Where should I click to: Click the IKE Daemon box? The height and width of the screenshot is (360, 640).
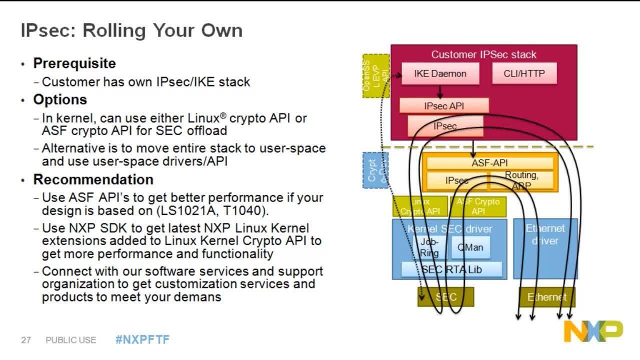tap(440, 73)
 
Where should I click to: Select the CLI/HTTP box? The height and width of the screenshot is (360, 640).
tap(524, 73)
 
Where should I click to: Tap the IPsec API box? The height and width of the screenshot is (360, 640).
tap(443, 106)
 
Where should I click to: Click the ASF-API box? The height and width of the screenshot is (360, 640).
tap(489, 162)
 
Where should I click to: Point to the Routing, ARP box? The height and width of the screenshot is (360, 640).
tap(521, 180)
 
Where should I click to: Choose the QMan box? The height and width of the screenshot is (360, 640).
tap(470, 247)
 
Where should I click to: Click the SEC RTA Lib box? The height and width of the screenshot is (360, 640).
tap(451, 269)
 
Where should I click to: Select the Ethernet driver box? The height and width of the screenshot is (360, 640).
tap(545, 248)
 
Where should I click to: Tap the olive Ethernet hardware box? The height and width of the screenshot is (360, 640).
tap(547, 297)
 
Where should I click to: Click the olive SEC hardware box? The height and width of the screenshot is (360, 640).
tap(445, 297)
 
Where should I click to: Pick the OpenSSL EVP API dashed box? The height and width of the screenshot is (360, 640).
tap(375, 75)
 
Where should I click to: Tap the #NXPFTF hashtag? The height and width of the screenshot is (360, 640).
tap(142, 340)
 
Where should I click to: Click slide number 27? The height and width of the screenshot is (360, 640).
tap(26, 340)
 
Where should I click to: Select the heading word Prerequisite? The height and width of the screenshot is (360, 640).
tap(74, 63)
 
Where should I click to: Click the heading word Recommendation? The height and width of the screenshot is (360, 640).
tap(93, 179)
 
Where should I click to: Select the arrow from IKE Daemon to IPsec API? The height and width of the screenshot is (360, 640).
tap(440, 91)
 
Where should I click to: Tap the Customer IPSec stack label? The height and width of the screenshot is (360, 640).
tap(483, 54)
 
